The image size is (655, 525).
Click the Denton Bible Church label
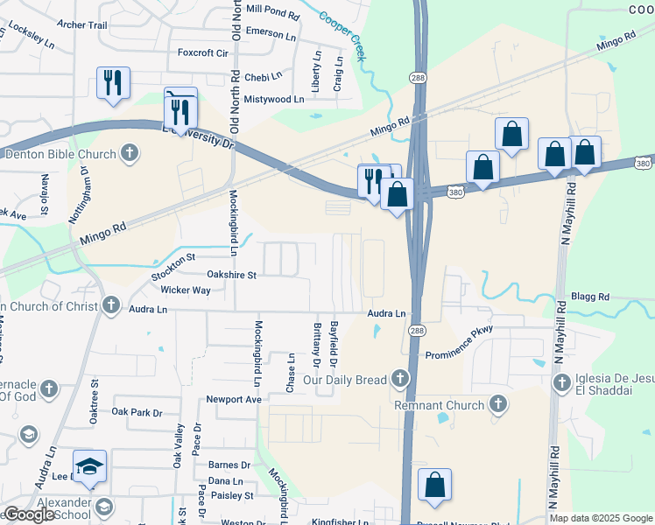point(60,155)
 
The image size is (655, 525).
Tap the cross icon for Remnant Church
point(498,404)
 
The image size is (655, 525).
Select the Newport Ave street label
point(234,400)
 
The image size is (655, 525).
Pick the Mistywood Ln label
point(274,100)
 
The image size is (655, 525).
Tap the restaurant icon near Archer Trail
point(113,82)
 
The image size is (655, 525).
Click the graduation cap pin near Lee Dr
point(88,467)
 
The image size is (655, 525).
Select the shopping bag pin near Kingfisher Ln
point(434,486)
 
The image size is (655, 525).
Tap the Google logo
point(28,515)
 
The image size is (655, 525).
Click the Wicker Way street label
point(186,290)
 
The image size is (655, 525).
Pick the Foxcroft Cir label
point(202,53)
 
